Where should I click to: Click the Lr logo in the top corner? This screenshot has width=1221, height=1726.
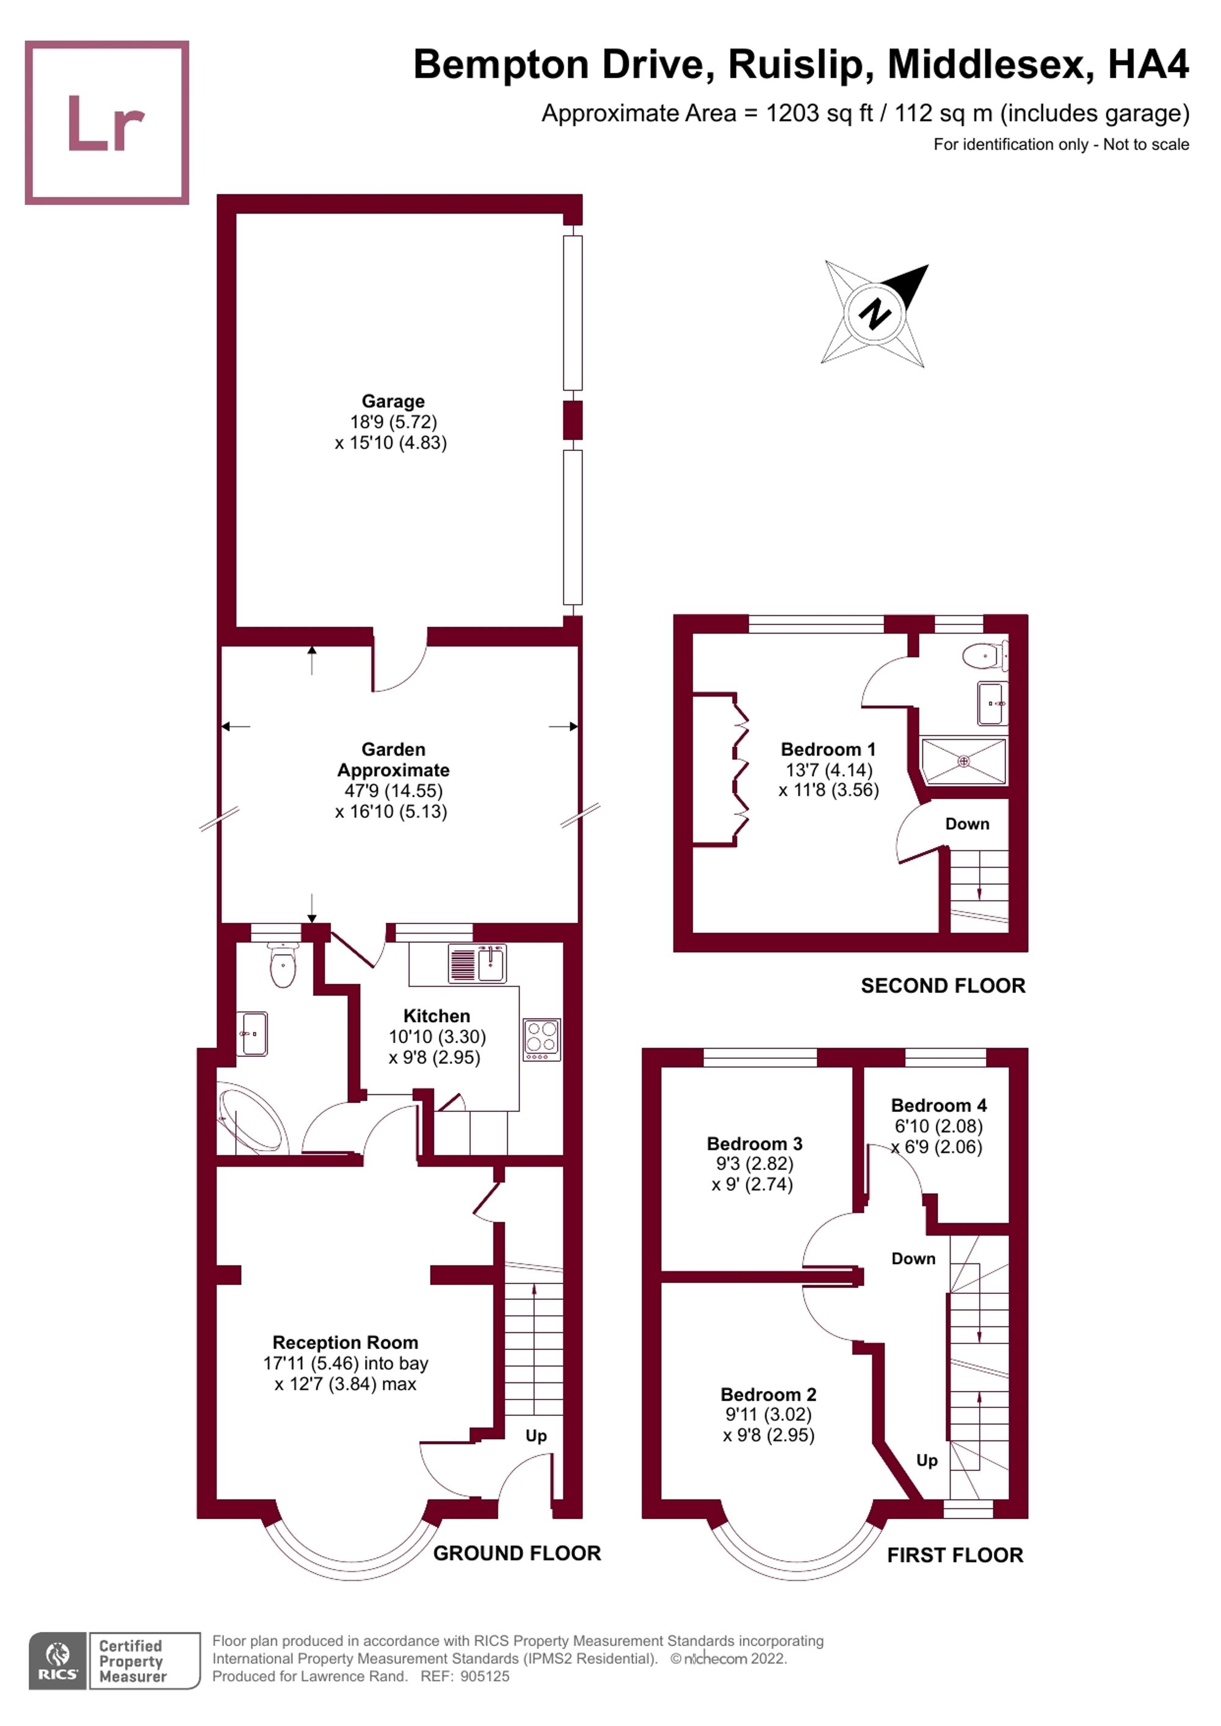(107, 123)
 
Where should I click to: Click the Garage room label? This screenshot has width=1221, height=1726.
(393, 402)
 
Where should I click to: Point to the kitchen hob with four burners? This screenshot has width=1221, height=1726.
(542, 1039)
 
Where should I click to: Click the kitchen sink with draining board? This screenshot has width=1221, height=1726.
(477, 963)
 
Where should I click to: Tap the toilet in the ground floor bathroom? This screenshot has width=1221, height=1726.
(283, 966)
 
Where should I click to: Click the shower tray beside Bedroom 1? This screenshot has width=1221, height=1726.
(963, 762)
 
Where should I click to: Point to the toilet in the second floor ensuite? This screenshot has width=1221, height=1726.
(984, 656)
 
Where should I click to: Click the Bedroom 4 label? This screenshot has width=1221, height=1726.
(938, 1105)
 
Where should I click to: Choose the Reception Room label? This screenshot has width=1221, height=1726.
(345, 1342)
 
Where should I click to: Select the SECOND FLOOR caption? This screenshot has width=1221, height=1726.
(943, 986)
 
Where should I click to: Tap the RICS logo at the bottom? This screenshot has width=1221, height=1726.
(57, 1661)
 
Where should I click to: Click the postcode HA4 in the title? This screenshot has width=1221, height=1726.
(1148, 65)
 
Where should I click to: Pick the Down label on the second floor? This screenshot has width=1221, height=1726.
(967, 824)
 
